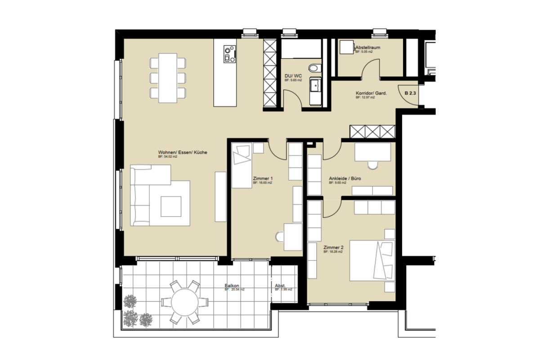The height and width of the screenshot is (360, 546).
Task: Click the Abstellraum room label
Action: (x=368, y=47)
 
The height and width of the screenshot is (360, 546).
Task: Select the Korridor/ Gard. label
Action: (x=371, y=94)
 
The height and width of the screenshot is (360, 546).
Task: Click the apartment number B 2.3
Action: (x=410, y=93)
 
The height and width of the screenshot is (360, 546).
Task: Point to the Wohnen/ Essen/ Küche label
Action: (x=182, y=153)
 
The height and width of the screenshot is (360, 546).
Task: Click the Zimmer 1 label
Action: (x=263, y=179)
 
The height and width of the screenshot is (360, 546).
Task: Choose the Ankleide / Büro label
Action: (x=345, y=179)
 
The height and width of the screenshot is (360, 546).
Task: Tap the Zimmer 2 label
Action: (x=333, y=247)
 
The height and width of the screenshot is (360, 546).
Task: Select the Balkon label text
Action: (x=232, y=285)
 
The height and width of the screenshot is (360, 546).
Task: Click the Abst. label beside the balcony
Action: (x=280, y=285)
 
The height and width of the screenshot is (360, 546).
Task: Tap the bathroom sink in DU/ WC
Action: (x=315, y=85)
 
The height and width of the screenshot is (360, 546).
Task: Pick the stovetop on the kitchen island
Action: (x=229, y=54)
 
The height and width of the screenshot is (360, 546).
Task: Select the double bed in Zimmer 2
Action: (x=372, y=261)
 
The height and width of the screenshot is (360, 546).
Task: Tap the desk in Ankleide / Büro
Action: (x=372, y=152)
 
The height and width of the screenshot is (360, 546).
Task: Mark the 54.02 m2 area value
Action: (x=168, y=157)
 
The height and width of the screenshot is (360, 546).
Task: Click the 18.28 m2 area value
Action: (x=333, y=252)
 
